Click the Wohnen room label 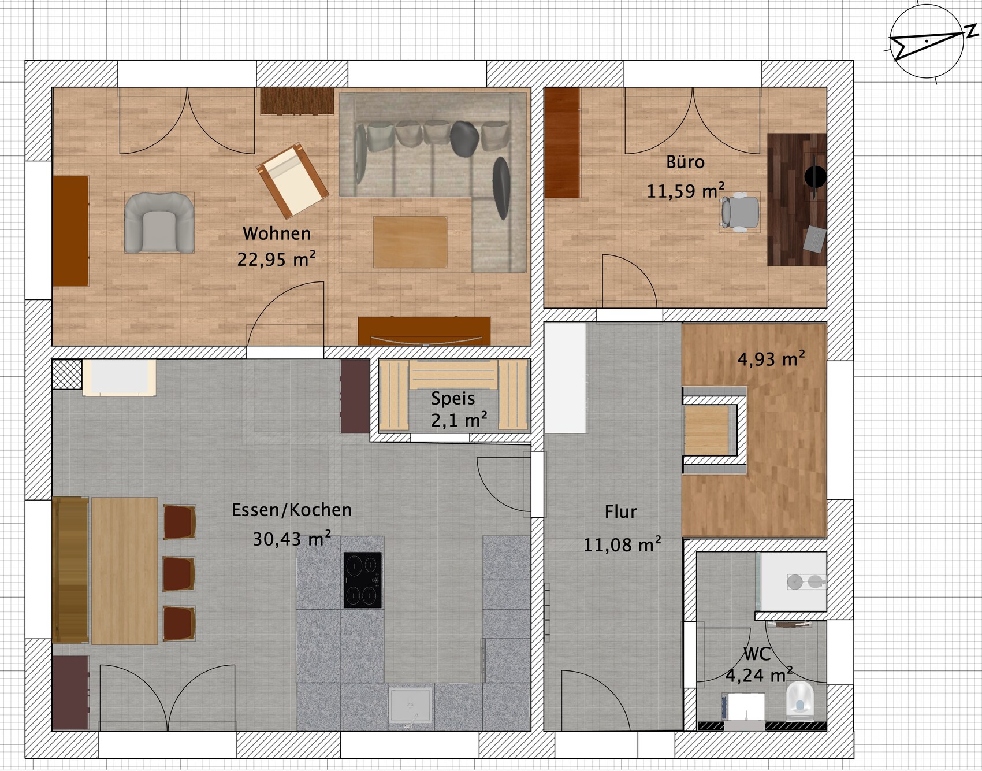[x=277, y=233]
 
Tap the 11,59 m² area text [x=685, y=191]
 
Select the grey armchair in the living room [x=159, y=223]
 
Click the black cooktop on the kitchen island [x=362, y=580]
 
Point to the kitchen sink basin [x=410, y=705]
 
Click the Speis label [x=453, y=398]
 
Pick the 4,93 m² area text [x=771, y=359]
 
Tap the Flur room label [x=620, y=511]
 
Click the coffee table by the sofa [x=410, y=242]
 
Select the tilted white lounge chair [x=292, y=179]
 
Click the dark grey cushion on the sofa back [x=464, y=138]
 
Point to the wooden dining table [x=124, y=570]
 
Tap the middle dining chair [x=178, y=573]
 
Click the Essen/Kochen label [x=292, y=510]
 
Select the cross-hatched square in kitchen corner [x=67, y=374]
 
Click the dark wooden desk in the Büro [x=796, y=199]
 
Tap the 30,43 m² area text [x=292, y=539]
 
